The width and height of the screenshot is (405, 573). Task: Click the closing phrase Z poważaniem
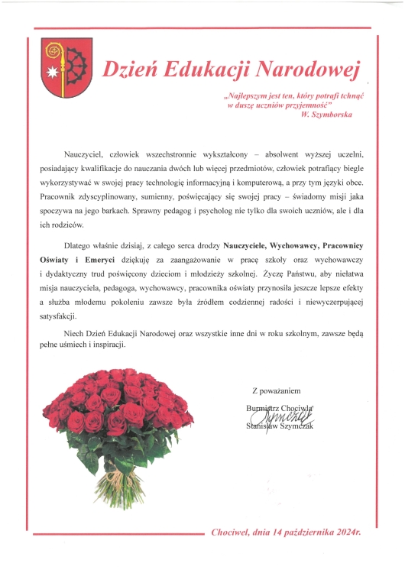280,390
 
